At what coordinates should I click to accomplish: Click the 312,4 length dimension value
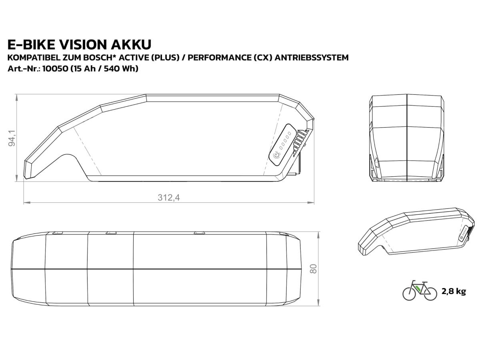pos(169,198)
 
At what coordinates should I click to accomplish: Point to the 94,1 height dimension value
pos(12,138)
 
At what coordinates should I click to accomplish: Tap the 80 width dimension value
pos(313,269)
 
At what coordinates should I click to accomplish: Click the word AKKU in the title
pos(131,44)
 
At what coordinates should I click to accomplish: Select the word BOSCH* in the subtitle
pos(106,58)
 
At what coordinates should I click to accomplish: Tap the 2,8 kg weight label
pos(454,292)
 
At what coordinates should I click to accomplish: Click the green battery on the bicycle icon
pos(418,288)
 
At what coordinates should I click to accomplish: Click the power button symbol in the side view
pos(277,156)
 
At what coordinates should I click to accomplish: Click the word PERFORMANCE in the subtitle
pos(220,58)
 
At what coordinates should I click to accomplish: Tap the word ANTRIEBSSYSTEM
pos(311,58)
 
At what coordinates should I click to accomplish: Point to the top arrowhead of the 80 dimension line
pos(318,234)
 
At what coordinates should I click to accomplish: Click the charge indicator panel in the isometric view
pos(464,233)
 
